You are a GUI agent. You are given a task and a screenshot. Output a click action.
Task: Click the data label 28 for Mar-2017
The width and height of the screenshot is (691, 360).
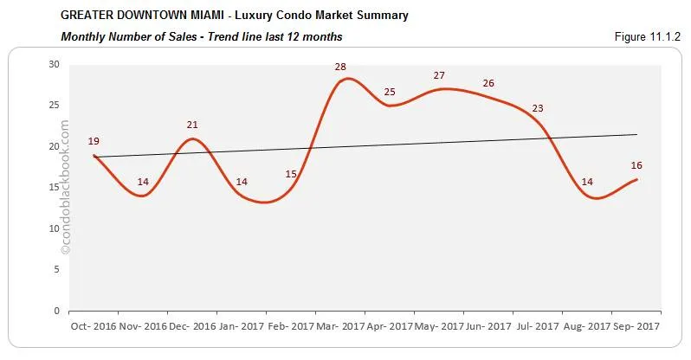click(x=340, y=67)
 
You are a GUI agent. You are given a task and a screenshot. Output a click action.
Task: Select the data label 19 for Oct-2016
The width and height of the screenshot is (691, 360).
click(x=94, y=141)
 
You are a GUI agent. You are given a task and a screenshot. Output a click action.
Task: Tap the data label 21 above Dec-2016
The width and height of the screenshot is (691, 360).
click(x=192, y=125)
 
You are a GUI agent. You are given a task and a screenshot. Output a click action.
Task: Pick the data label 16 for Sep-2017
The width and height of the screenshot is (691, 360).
click(x=636, y=165)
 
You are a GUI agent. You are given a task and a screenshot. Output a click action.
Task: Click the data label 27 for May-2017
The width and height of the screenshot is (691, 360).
click(x=439, y=75)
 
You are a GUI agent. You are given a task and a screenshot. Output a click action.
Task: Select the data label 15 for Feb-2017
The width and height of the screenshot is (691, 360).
click(x=291, y=174)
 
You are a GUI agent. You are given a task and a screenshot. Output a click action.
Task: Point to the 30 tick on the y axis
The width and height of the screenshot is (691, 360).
click(x=55, y=64)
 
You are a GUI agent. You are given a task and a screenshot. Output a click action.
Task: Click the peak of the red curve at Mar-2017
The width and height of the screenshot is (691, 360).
click(x=347, y=79)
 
